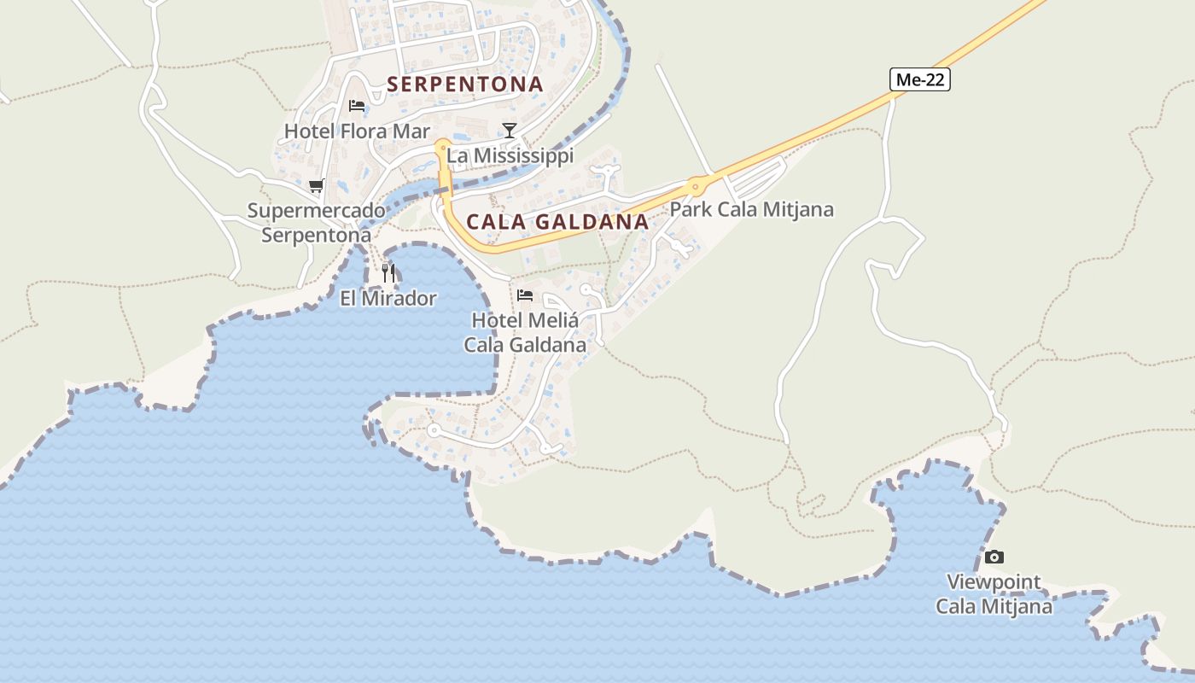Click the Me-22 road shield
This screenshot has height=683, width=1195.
tap(920, 80)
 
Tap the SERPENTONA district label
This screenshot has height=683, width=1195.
tap(465, 85)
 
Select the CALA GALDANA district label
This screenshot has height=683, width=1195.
tap(557, 222)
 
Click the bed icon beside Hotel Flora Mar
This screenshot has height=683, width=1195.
tap(357, 106)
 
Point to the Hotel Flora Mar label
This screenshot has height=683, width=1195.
tap(357, 131)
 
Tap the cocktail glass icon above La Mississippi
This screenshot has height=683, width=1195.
tap(510, 131)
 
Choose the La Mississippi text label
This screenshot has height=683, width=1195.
tap(510, 155)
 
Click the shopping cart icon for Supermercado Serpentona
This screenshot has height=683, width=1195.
tap(317, 185)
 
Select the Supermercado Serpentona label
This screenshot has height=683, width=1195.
tap(316, 223)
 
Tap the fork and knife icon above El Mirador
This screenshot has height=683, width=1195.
tap(388, 272)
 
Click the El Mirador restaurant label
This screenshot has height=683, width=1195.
tap(388, 298)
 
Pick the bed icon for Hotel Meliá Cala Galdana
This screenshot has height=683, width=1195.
tap(525, 295)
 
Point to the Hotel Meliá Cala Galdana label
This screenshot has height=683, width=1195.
tap(525, 333)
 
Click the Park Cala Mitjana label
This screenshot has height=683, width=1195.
tap(751, 209)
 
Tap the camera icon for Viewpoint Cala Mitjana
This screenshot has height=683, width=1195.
tap(994, 557)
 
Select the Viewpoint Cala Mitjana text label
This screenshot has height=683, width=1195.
tap(994, 594)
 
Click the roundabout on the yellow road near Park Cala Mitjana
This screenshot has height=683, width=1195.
tap(697, 184)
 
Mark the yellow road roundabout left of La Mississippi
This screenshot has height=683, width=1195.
tap(442, 147)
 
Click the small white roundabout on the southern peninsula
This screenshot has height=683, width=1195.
tap(433, 430)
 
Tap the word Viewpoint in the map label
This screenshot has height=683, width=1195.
tap(994, 582)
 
